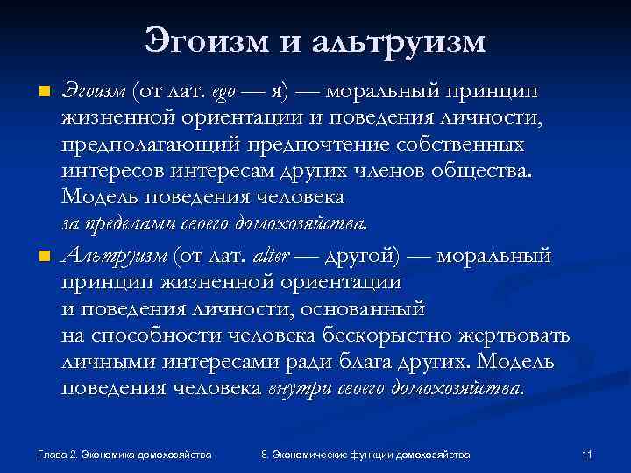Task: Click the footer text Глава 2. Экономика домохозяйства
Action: (125, 455)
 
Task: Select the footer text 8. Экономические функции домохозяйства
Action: (365, 455)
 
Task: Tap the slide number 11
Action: (587, 455)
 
